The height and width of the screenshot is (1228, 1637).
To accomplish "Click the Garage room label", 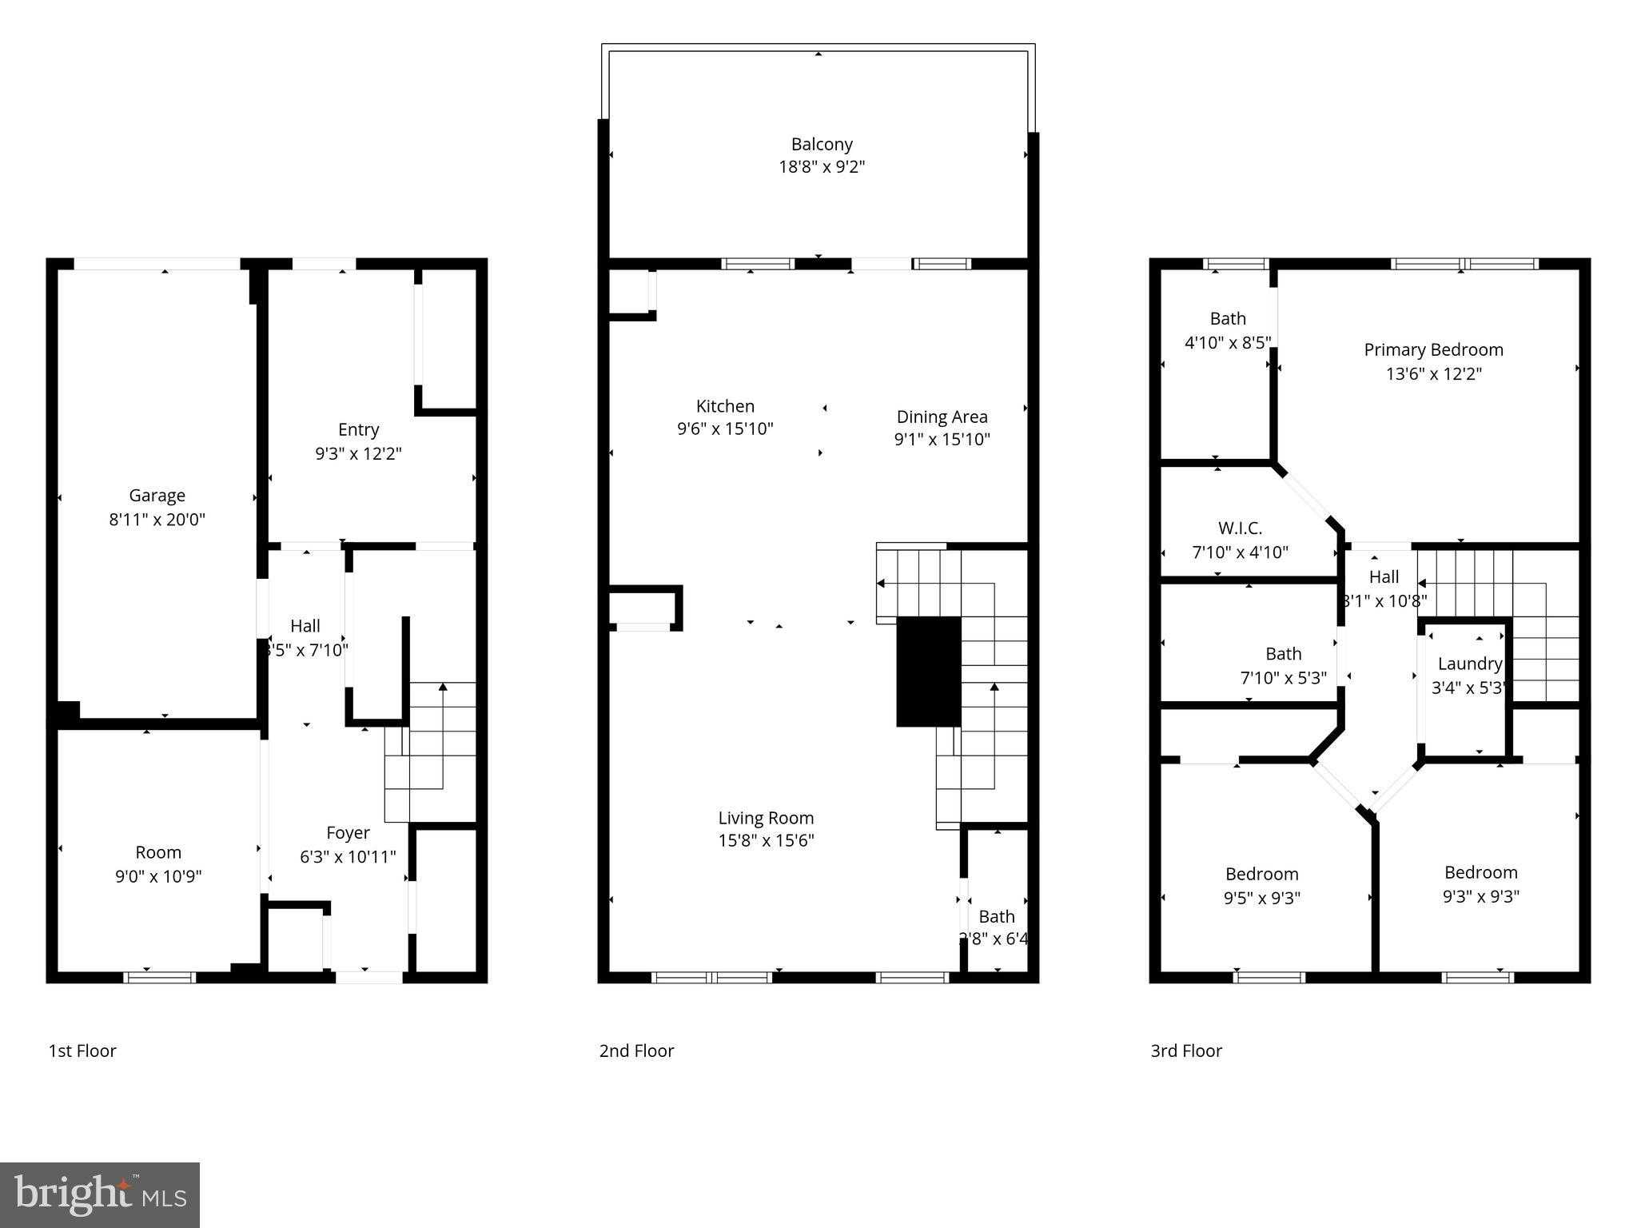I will [x=157, y=496].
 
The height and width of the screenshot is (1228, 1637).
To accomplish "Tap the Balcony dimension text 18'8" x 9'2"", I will [x=822, y=167].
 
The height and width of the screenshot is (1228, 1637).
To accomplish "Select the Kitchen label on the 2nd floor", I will [x=725, y=406].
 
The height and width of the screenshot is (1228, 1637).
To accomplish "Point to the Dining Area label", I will [x=942, y=417].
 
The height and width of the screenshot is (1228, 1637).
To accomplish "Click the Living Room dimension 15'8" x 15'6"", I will [x=766, y=840].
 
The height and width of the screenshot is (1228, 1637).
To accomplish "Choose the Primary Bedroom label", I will [x=1433, y=350].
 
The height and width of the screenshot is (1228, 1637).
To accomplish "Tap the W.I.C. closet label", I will [x=1240, y=528].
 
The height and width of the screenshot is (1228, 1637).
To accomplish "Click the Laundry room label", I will [x=1469, y=664].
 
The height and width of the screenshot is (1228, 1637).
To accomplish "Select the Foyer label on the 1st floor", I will [x=348, y=833].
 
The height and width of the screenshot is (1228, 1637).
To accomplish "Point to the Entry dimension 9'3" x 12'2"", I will [x=358, y=453].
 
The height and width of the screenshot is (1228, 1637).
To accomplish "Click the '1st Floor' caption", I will [x=82, y=1051].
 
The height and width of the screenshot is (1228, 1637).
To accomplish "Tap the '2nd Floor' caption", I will [x=636, y=1051].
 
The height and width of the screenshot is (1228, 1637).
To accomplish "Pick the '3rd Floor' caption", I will [x=1186, y=1051].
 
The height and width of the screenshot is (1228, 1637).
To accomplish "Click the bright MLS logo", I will [x=100, y=1194].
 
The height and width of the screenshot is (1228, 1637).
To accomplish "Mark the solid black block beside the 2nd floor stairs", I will [x=928, y=671].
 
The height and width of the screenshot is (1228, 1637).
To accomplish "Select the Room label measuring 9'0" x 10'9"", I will [x=158, y=852].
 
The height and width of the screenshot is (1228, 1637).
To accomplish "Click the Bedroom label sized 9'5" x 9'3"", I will [x=1261, y=874].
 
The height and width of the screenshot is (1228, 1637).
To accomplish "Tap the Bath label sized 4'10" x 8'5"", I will [x=1228, y=319].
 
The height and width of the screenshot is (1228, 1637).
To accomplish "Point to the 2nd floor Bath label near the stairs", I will [x=996, y=916].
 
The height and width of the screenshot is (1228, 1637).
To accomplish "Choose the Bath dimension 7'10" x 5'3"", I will [x=1283, y=678].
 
